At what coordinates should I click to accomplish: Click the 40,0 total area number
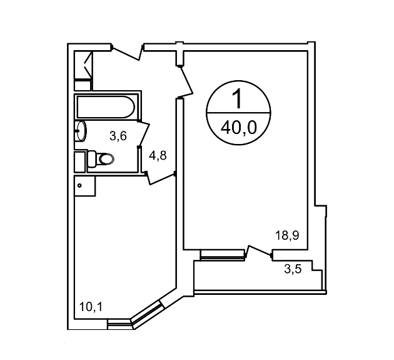point(238,128)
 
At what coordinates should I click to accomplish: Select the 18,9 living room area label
point(287,236)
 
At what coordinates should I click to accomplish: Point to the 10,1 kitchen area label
point(91,307)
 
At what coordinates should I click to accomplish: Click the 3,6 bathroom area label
point(118,136)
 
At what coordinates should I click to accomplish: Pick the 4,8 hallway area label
point(158,155)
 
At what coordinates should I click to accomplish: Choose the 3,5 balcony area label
point(293,269)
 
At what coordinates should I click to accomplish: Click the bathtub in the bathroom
point(106,106)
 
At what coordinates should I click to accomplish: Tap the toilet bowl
point(101,158)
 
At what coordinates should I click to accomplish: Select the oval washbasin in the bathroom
point(81,131)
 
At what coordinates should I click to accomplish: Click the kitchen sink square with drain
point(85,186)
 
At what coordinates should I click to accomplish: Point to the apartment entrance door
point(128,53)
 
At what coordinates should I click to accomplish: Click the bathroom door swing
point(143,134)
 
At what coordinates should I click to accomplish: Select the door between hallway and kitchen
point(160,178)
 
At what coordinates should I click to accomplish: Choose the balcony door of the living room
point(259,252)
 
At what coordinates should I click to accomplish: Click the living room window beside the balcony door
point(223,255)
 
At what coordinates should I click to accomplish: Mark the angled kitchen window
point(147,312)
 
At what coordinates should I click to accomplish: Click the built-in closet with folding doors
point(84,64)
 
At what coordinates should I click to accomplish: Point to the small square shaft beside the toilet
point(80,162)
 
